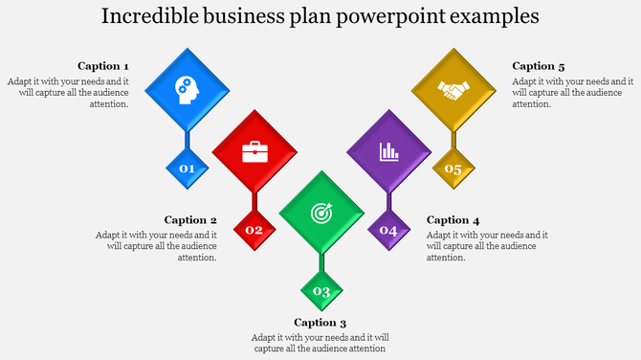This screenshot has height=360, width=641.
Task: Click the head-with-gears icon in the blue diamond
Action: tap(187, 90)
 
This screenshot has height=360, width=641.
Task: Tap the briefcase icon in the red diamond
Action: tap(254, 151)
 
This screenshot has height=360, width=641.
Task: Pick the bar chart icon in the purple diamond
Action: tap(389, 151)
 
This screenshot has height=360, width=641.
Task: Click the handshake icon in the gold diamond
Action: tap(454, 90)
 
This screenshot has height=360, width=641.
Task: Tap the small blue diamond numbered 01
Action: tap(188, 169)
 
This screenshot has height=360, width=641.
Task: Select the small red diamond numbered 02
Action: tap(254, 230)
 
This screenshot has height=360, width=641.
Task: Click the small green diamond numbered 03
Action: tap(322, 291)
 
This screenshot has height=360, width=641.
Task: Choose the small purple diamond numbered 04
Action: tap(388, 230)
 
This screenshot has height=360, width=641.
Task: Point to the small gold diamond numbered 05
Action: tap(453, 169)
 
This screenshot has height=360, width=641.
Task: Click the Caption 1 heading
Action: tap(103, 66)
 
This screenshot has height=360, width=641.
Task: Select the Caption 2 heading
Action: tap(190, 219)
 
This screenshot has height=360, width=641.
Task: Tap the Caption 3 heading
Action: tap(320, 323)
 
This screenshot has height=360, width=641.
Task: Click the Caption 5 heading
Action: tap(539, 66)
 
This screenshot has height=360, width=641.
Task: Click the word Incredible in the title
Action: tap(152, 16)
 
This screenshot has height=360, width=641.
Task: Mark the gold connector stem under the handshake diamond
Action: tap(454, 138)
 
